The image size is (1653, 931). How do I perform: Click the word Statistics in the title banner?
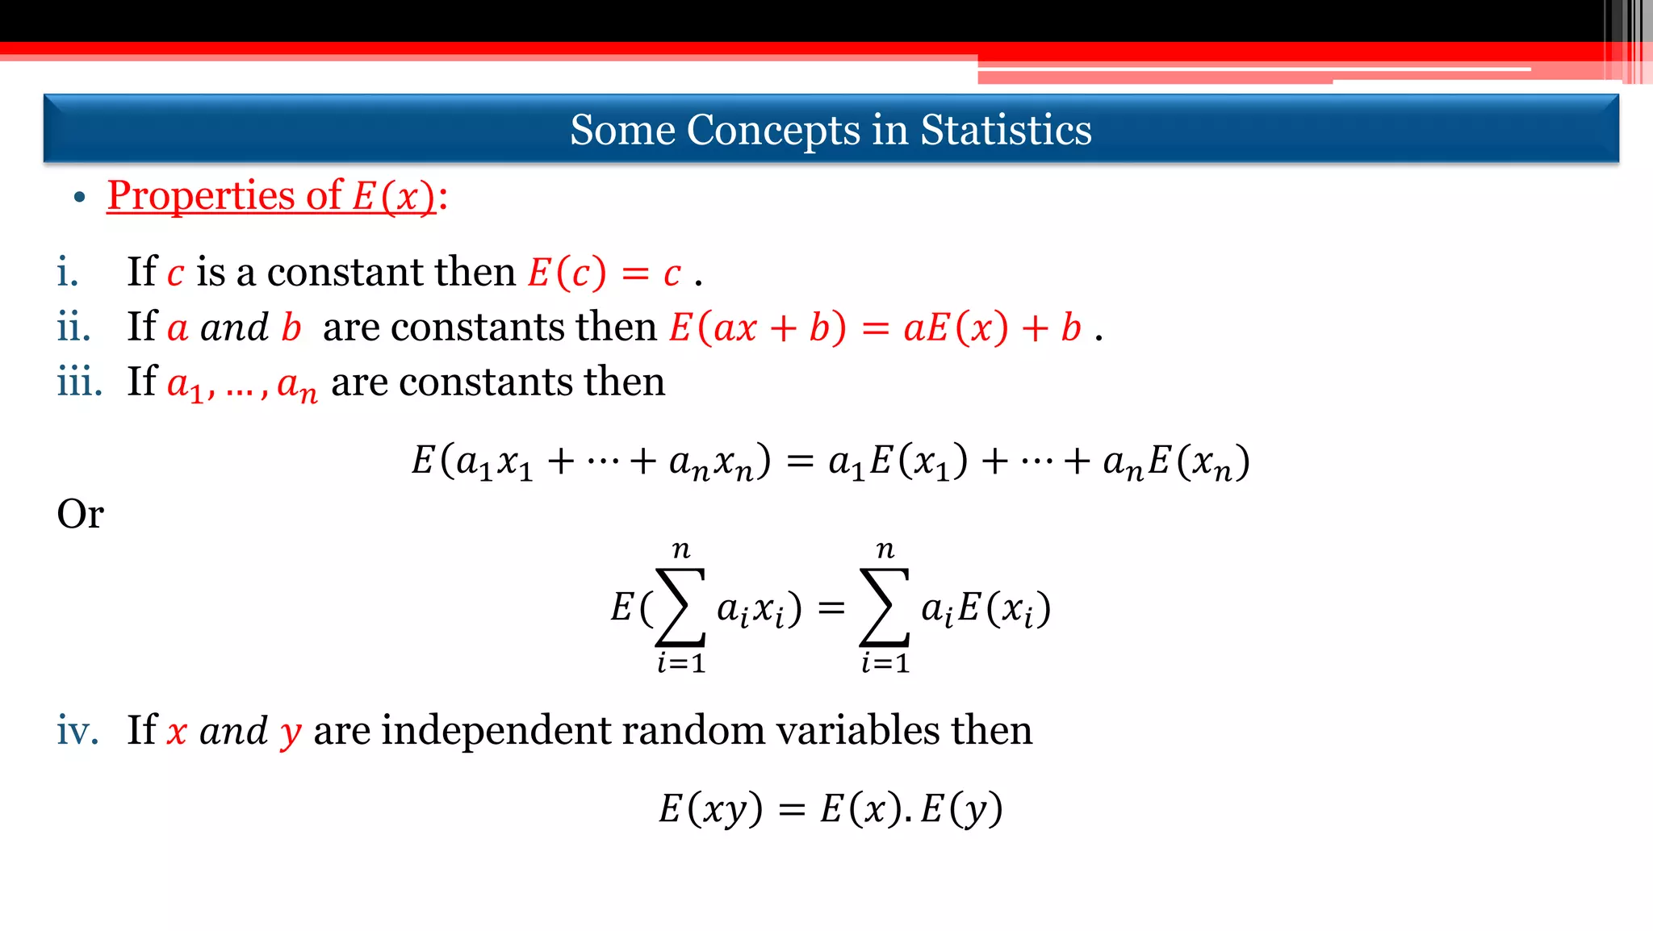(x=1006, y=130)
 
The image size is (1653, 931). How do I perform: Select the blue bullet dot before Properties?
(x=79, y=198)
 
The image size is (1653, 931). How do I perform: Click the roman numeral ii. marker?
(x=73, y=327)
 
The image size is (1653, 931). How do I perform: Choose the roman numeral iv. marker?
(x=77, y=730)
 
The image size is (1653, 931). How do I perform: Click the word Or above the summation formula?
(x=80, y=513)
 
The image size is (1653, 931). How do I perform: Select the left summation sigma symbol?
(x=680, y=607)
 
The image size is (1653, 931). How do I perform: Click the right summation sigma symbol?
(x=885, y=607)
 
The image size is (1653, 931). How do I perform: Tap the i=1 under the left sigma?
(x=681, y=663)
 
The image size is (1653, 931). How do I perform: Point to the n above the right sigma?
(x=885, y=550)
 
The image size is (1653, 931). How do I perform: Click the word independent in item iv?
(x=495, y=730)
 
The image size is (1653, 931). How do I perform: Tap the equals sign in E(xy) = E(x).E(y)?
(x=792, y=809)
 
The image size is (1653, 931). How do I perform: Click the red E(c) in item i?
(x=567, y=273)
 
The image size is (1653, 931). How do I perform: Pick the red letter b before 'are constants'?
(x=291, y=327)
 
